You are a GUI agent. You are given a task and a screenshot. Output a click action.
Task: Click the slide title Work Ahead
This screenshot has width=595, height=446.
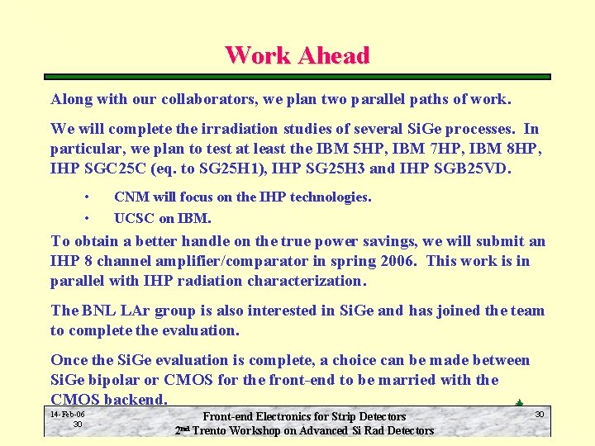[297, 55]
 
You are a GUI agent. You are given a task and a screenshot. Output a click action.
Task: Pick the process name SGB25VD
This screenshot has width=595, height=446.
[469, 169]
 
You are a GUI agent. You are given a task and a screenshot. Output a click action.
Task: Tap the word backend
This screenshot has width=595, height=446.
[138, 400]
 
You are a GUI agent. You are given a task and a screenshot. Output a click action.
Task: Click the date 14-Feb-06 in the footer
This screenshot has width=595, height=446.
[67, 414]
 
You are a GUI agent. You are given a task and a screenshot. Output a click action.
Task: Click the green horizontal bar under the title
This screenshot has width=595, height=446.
[297, 77]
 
